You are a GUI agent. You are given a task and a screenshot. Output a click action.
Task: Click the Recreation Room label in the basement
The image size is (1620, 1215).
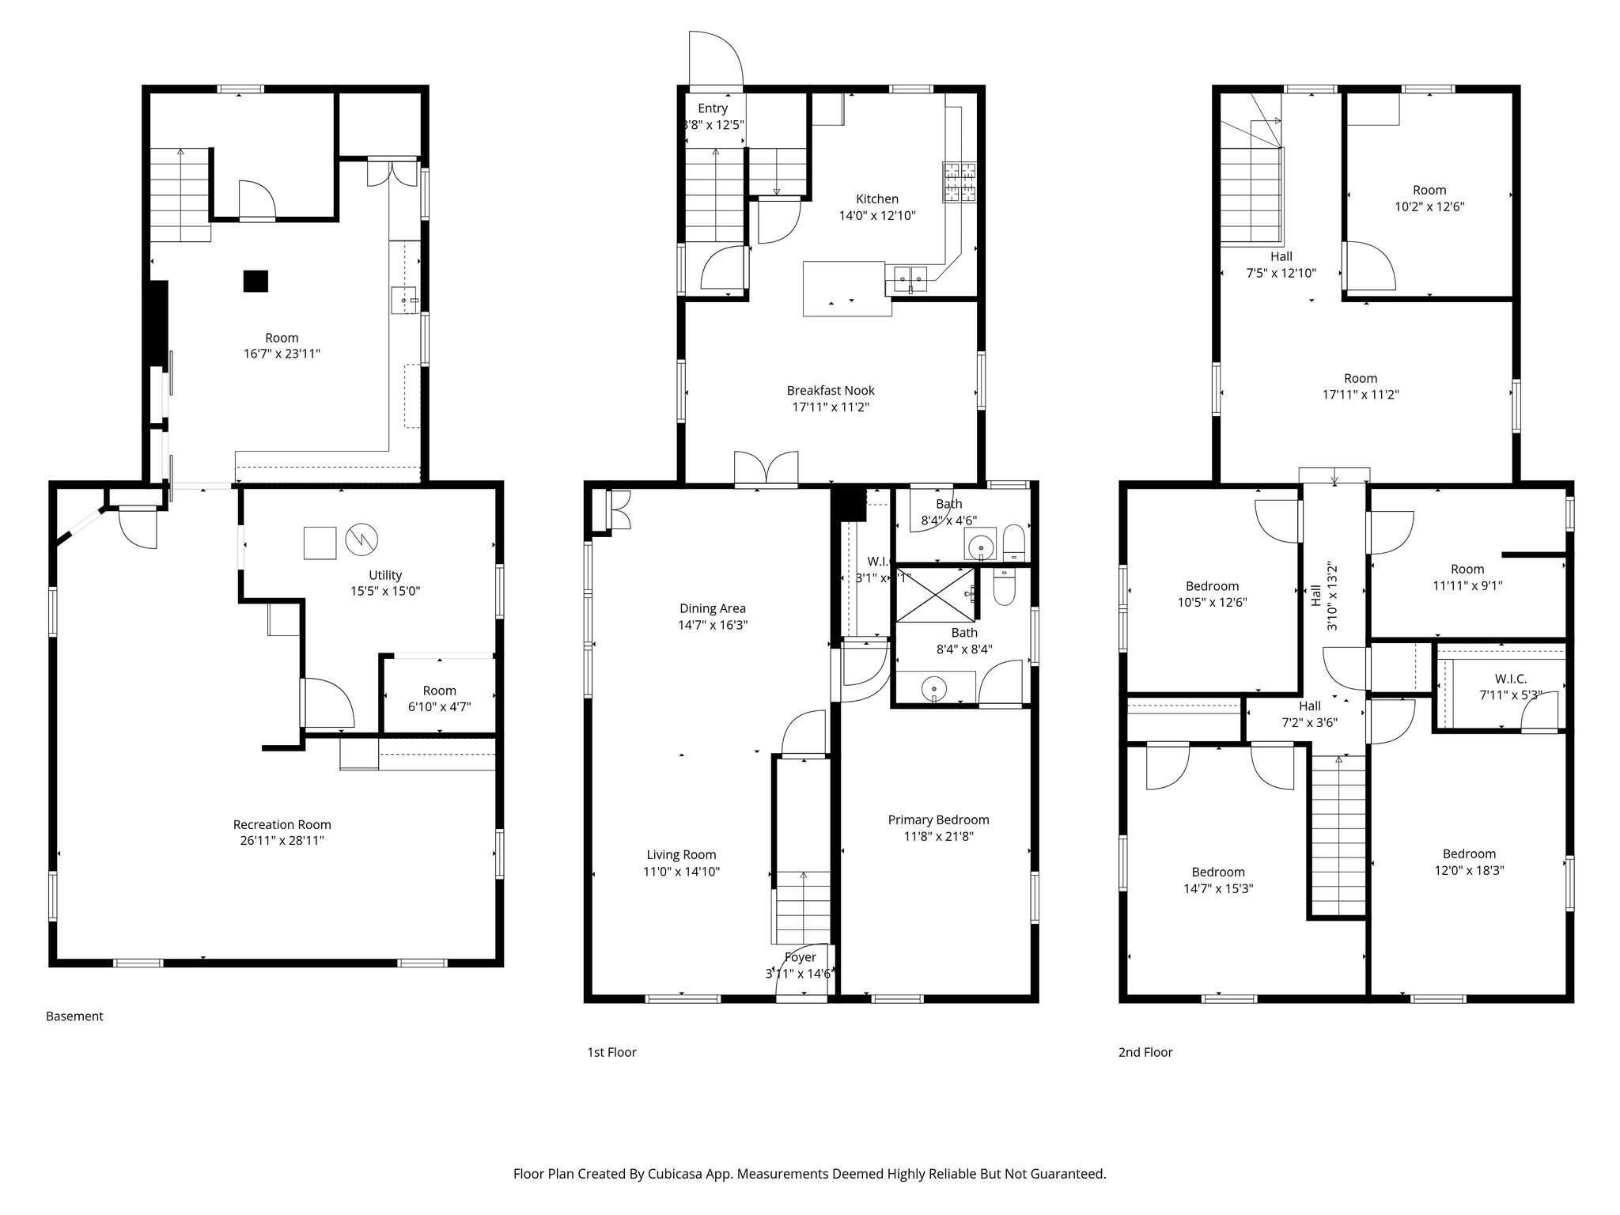282,824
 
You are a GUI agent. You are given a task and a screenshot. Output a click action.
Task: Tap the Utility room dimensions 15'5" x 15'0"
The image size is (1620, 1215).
385,591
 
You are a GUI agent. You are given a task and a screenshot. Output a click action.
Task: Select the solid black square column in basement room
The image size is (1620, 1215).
255,281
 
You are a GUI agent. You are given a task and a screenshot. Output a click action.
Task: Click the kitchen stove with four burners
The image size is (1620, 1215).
959,181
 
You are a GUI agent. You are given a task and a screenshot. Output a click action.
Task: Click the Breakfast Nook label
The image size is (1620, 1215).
831,390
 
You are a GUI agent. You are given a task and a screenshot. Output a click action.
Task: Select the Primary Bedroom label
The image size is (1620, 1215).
938,819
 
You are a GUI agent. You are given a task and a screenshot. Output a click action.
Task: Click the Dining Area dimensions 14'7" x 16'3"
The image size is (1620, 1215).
713,625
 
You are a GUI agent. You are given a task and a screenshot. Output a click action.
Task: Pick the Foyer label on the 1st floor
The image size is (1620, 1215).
801,957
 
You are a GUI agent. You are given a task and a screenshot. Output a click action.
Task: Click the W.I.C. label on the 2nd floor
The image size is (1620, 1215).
1510,679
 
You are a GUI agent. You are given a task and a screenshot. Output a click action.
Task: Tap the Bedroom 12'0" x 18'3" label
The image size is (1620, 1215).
1469,854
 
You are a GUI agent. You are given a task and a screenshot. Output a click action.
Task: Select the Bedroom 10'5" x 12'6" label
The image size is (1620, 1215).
1212,586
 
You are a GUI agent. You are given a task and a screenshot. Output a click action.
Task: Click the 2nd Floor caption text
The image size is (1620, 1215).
1145,1052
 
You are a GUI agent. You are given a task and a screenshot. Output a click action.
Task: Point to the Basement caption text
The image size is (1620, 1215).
74,1016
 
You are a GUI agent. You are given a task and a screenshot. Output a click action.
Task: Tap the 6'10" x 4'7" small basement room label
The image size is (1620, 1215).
439,707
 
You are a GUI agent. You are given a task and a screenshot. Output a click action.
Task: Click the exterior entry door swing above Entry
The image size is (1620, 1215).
715,59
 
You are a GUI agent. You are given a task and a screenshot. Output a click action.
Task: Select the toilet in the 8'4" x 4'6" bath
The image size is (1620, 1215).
1013,543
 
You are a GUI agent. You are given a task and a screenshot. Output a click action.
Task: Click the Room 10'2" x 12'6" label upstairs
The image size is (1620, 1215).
1429,190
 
